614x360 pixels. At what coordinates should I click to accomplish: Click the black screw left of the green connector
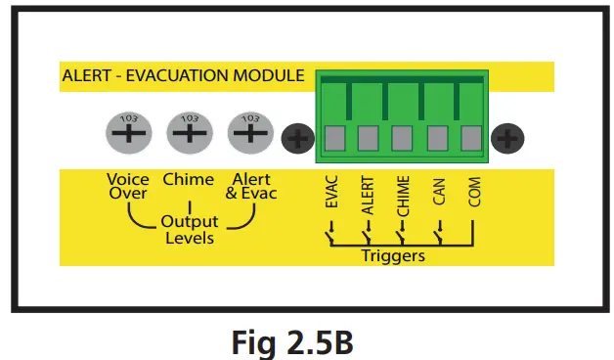coord(295,139)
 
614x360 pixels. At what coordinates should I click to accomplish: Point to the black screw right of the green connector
coord(505,139)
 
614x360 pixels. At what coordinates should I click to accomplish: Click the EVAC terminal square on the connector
coord(333,138)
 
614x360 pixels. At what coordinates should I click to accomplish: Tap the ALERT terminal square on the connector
coord(368,138)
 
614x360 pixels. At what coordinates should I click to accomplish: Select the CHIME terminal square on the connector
coord(403,138)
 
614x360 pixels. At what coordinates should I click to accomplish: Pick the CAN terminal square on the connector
coord(438,138)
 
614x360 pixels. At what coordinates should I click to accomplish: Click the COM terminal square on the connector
coord(472,138)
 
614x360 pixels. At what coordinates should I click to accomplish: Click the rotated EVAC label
coord(331,197)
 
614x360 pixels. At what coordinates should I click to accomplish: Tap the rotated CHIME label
coord(404,199)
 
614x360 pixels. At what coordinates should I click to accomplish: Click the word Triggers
coord(393,255)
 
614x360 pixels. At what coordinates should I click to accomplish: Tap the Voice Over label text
coord(128,186)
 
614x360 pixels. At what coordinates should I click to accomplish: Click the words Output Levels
coord(190,230)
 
